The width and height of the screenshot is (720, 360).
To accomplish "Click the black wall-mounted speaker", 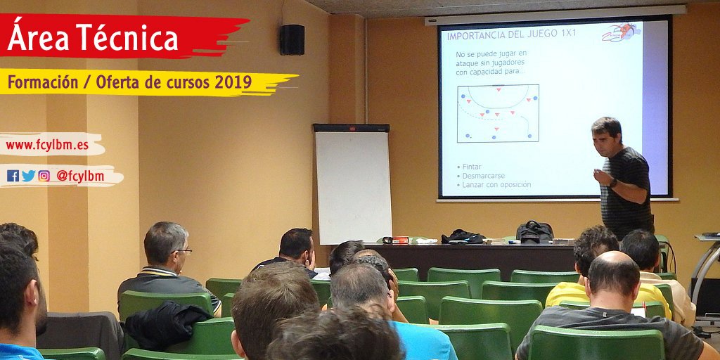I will pos(292,39).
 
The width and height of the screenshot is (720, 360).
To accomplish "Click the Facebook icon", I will pos(13,176).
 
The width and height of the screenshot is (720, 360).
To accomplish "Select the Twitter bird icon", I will pos(28,176).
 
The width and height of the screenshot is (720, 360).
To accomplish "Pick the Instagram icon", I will pos(44,176).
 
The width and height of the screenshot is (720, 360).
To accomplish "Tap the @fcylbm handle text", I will pos(80,176).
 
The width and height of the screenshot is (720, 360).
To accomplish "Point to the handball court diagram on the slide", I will pos(498,113).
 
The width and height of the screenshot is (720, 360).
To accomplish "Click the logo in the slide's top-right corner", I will pos(620,32).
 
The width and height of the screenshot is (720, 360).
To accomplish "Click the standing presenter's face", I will pos(605,139).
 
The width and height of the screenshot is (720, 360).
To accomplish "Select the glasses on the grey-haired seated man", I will pos(183,250).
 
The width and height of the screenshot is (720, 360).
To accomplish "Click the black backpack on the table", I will pos(534,231).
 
